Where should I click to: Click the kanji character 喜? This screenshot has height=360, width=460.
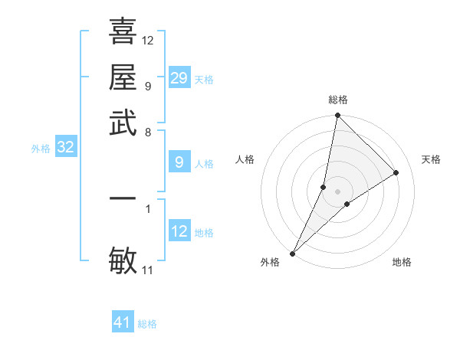pos(123,31)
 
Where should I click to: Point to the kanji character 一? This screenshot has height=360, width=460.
pos(123,198)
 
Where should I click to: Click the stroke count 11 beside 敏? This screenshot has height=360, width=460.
pos(148,270)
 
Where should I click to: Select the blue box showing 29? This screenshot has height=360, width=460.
pos(179,78)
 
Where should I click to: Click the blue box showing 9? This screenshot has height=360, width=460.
pos(179,162)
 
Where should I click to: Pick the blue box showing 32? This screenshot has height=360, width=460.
pos(66,148)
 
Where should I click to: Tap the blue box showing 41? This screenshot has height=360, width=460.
pos(123,322)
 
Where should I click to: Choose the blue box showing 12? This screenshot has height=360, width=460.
pos(179,231)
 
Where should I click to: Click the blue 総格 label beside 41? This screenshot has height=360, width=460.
pos(147,324)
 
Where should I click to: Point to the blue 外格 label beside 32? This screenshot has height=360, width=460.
pos(41,149)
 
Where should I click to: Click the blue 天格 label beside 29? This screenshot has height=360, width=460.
pos(204,80)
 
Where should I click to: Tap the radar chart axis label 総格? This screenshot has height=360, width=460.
pos(338,100)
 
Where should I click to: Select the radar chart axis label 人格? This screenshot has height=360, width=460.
pos(245,159)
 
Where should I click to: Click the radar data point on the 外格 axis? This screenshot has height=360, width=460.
pos(293,253)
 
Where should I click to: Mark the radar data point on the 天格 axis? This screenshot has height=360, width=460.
pos(396,173)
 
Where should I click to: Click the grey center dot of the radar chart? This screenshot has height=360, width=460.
pos(338,191)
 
